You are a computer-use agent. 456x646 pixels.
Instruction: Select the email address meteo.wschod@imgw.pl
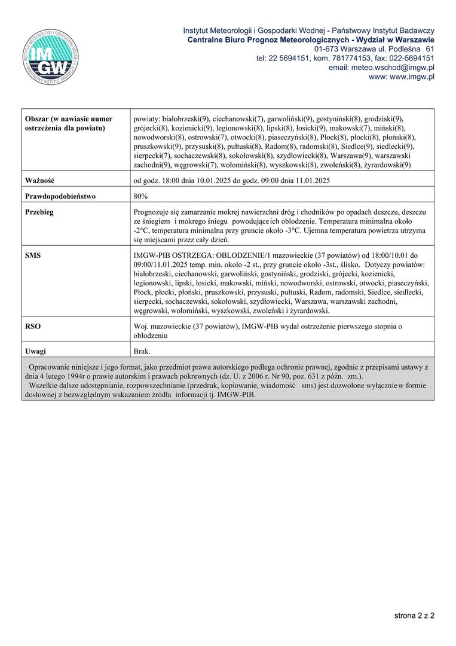coord(381,68)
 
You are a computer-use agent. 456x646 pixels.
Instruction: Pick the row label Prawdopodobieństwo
coord(60,196)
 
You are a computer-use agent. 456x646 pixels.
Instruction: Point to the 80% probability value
coord(140,196)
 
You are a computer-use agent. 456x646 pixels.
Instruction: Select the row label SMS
coord(33,255)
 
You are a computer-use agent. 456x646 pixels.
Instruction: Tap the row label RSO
coord(32,327)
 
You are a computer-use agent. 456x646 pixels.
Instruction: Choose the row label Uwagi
coord(35,351)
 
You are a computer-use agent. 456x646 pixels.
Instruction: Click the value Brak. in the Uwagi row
coord(142,351)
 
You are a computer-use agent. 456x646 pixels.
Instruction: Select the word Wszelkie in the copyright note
coord(44,386)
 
